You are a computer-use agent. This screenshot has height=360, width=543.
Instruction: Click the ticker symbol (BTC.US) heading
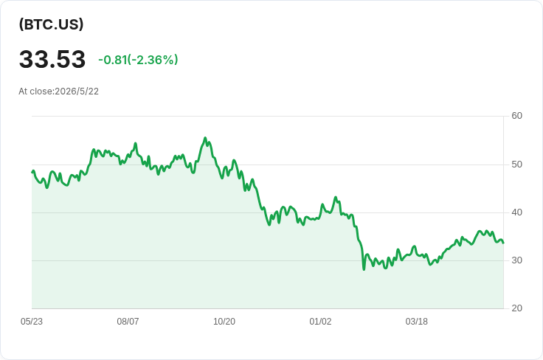click(x=51, y=24)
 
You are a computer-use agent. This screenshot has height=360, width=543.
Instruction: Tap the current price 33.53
click(x=52, y=59)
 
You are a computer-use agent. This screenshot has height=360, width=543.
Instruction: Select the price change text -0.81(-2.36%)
click(x=138, y=60)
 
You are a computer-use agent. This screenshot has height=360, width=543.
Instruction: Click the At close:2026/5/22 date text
click(x=58, y=91)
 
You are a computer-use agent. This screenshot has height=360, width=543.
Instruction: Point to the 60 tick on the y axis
click(x=516, y=116)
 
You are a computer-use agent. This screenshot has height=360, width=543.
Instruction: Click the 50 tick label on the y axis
click(x=516, y=165)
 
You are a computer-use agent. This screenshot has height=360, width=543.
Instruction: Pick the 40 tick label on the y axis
click(x=516, y=212)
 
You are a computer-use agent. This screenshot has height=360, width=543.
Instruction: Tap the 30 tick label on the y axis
click(x=516, y=260)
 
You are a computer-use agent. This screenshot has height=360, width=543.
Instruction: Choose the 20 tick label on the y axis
click(x=516, y=308)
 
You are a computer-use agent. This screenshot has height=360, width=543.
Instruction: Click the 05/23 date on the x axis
click(x=32, y=322)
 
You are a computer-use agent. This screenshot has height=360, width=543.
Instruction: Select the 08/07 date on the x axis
click(x=128, y=322)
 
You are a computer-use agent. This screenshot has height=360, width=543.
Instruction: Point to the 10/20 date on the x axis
click(x=224, y=322)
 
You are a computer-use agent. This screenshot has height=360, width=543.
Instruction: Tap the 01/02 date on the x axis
click(x=320, y=322)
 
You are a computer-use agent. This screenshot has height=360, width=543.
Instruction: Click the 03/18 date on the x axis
click(x=417, y=322)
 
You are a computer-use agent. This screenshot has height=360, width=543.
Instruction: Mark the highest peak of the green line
click(x=205, y=138)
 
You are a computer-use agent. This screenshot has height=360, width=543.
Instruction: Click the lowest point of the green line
click(x=364, y=269)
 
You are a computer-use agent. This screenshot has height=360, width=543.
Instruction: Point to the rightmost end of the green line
click(x=503, y=243)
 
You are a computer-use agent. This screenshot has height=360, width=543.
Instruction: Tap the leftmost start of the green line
click(x=32, y=172)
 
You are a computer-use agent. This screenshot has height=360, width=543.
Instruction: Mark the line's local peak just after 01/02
click(x=335, y=197)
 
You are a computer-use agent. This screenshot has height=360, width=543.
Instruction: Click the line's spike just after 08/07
click(x=136, y=143)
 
